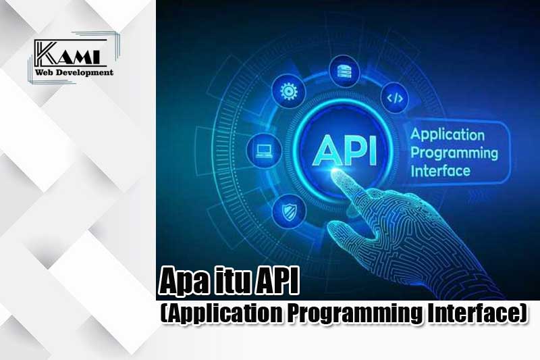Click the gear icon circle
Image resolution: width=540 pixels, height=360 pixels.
tap(289, 91)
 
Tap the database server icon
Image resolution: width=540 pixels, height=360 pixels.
tap(345, 72)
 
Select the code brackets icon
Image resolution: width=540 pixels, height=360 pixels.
tap(395, 98)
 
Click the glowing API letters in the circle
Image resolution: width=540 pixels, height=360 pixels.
tap(344, 151)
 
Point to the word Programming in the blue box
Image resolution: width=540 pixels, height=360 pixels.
tap(454, 153)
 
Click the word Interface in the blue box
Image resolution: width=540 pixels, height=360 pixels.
tap(441, 171)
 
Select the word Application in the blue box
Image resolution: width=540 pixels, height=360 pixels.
tap(448, 134)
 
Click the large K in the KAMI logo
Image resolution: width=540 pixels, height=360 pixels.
tap(46, 54)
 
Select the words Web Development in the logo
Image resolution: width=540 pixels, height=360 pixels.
tap(74, 72)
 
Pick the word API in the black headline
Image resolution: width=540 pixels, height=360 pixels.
tap(276, 282)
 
